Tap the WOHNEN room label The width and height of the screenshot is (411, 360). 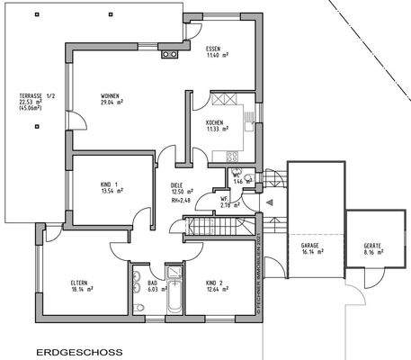(x=112, y=100)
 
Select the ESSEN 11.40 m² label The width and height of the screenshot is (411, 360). (x=214, y=52)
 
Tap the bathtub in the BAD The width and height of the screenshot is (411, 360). (x=174, y=289)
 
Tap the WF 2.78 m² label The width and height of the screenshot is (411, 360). (x=229, y=202)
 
